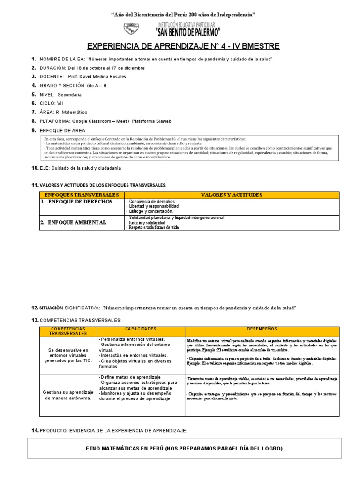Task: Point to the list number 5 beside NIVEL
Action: (34, 94)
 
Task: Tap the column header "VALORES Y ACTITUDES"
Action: (232, 195)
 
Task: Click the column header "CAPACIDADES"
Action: (141, 329)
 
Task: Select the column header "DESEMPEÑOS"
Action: (262, 329)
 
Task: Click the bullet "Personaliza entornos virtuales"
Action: (132, 339)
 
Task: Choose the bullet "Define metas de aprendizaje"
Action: (130, 377)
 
